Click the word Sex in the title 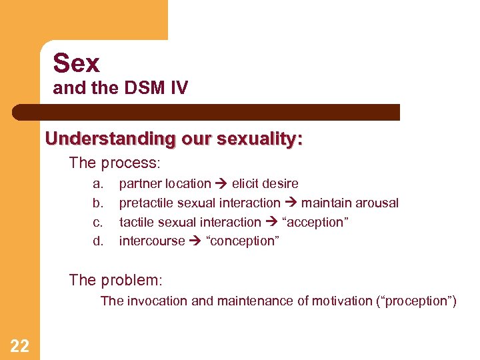pyautogui.click(x=76, y=63)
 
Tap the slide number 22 pyautogui.click(x=19, y=345)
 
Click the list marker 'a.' pyautogui.click(x=98, y=183)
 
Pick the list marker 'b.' pyautogui.click(x=98, y=203)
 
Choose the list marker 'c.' pyautogui.click(x=98, y=222)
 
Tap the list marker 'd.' pyautogui.click(x=98, y=241)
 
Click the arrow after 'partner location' pyautogui.click(x=221, y=183)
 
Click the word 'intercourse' pyautogui.click(x=151, y=241)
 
